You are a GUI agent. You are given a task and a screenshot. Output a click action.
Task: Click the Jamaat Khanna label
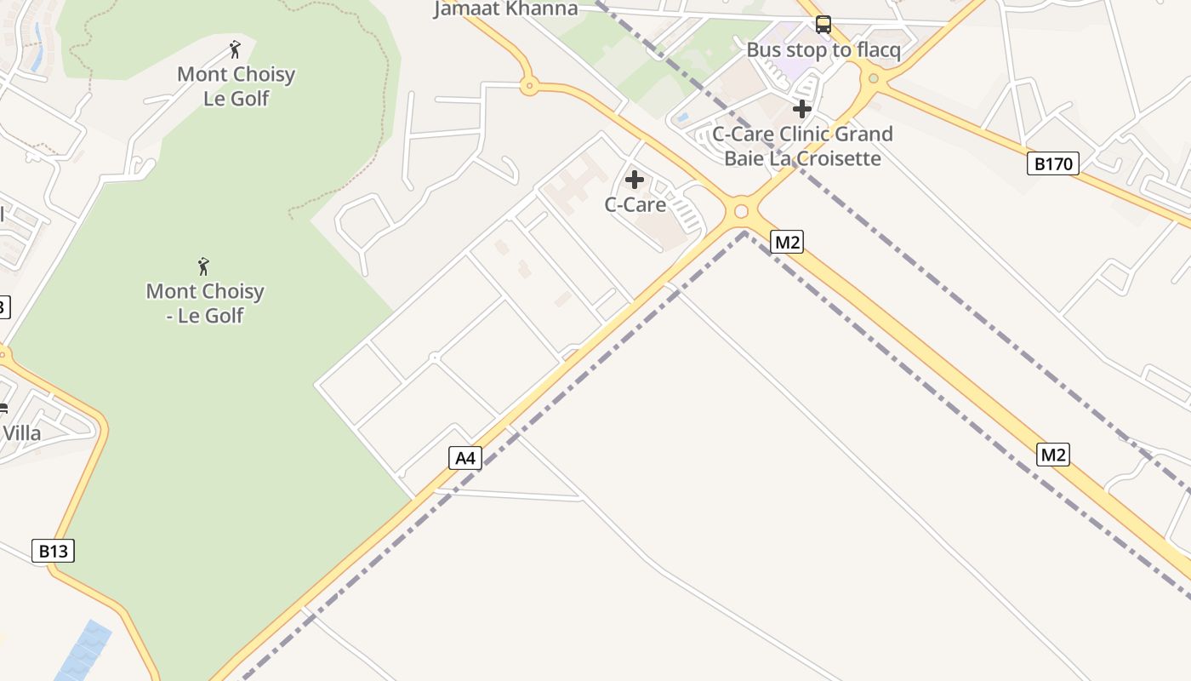[x=505, y=9]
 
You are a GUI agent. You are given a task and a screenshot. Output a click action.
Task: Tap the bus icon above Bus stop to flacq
[x=823, y=25]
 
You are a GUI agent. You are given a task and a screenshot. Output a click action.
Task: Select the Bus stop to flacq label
[x=823, y=50]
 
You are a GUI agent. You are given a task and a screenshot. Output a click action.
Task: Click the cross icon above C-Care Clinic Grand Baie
[x=801, y=109]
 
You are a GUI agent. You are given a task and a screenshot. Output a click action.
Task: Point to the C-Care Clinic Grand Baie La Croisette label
[x=802, y=146]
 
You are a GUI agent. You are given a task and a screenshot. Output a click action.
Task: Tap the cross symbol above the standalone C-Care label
[x=635, y=180]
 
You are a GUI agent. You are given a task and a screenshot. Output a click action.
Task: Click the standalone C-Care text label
[x=635, y=204]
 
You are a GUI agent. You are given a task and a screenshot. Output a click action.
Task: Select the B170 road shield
[x=1052, y=163]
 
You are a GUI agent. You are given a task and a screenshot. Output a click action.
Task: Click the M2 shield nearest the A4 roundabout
[x=787, y=243]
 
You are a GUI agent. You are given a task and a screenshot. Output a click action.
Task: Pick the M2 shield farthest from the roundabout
[x=1052, y=455]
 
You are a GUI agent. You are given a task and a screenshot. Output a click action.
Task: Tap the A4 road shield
[x=464, y=459]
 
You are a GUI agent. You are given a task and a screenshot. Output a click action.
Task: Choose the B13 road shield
[x=53, y=551]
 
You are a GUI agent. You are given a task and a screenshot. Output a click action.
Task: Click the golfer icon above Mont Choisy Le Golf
[x=236, y=49]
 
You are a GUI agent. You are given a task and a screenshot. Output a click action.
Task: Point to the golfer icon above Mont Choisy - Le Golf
[x=204, y=266]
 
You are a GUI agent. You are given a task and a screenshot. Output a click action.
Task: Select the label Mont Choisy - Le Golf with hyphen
[x=205, y=303]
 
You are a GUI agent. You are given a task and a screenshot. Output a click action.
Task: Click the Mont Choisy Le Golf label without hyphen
[x=236, y=86]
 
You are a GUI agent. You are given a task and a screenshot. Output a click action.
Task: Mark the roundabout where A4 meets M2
[x=741, y=211]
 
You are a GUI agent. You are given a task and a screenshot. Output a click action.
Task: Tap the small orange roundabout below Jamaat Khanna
[x=529, y=85]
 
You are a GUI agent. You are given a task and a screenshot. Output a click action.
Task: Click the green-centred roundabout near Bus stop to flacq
[x=873, y=79]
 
